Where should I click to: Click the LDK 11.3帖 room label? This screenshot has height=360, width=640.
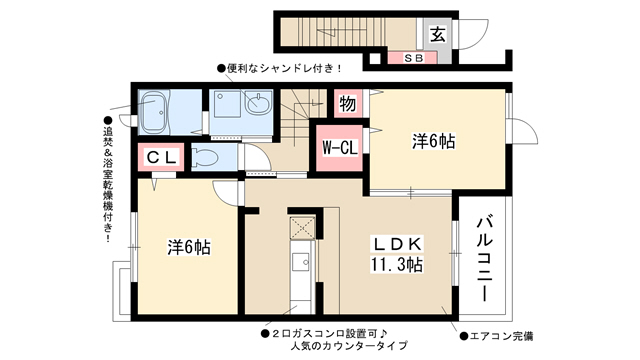pyautogui.click(x=396, y=254)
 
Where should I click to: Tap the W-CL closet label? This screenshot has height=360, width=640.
pyautogui.click(x=340, y=147)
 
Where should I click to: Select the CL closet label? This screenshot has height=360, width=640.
pyautogui.click(x=162, y=157)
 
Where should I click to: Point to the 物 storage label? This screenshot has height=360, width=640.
pyautogui.click(x=347, y=104)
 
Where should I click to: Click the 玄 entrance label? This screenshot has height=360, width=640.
pyautogui.click(x=438, y=34)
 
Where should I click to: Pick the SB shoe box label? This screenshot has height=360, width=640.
pyautogui.click(x=413, y=58)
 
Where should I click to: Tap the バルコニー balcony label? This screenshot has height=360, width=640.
pyautogui.click(x=484, y=260)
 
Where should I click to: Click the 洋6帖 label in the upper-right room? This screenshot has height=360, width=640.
pyautogui.click(x=433, y=141)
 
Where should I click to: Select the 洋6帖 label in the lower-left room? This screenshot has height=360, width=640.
pyautogui.click(x=189, y=247)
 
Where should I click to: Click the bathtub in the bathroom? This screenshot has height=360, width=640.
pyautogui.click(x=153, y=112)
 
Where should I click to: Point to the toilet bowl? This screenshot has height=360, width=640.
pyautogui.click(x=205, y=157)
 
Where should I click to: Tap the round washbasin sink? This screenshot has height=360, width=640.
pyautogui.click(x=258, y=102)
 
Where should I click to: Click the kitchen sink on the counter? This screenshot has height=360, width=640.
pyautogui.click(x=300, y=262)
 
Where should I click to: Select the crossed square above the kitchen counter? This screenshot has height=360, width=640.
pyautogui.click(x=302, y=228)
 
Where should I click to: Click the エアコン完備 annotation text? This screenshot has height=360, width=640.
pyautogui.click(x=497, y=336)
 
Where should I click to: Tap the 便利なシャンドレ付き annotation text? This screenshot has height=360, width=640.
pyautogui.click(x=279, y=69)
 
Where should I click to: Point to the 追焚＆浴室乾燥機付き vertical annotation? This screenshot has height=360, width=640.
pyautogui.click(x=108, y=180)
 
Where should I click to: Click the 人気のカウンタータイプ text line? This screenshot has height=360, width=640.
pyautogui.click(x=349, y=346)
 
